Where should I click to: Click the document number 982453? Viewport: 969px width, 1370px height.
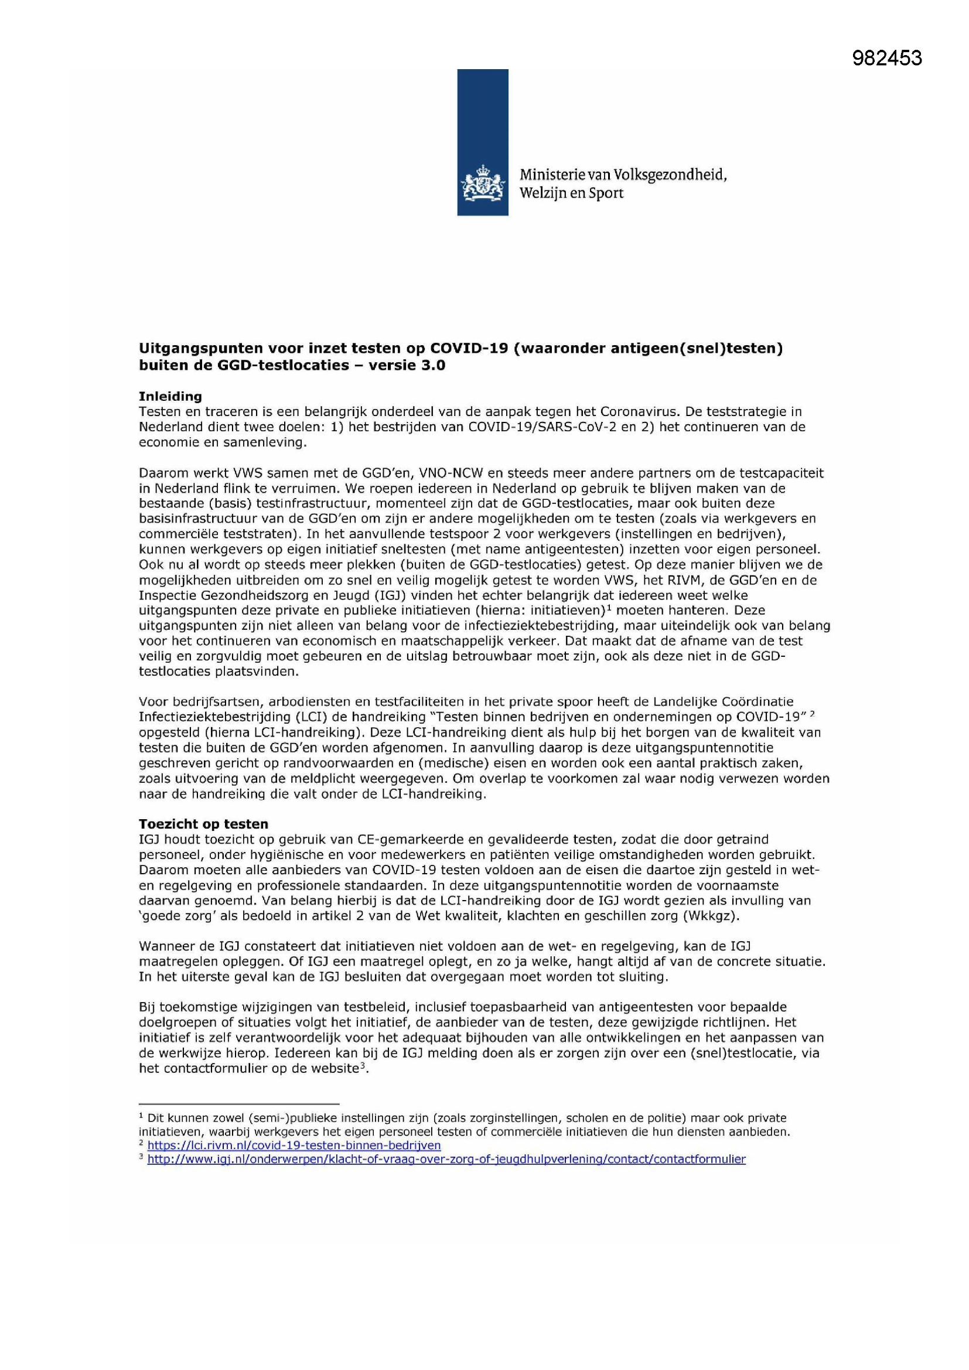coord(886,58)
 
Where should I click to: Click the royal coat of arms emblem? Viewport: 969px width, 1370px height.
coord(483,183)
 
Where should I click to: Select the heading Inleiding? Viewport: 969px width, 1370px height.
coord(170,396)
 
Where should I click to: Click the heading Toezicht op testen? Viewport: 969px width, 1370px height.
coord(203,824)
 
